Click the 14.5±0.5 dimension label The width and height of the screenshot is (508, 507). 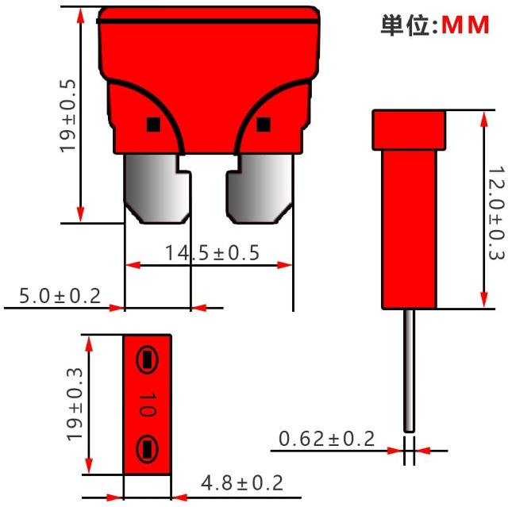coord(212,253)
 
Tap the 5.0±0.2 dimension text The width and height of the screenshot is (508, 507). coord(60,296)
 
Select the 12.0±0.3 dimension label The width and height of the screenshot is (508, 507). coord(496,213)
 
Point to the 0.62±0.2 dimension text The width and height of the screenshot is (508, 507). coord(326,439)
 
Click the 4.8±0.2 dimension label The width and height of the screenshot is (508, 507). coord(242,483)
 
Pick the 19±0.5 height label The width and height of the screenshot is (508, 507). coord(67,116)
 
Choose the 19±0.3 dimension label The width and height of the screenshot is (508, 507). coord(75,404)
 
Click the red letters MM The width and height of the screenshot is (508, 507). coord(465,25)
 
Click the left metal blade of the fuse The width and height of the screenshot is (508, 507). coord(157,188)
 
